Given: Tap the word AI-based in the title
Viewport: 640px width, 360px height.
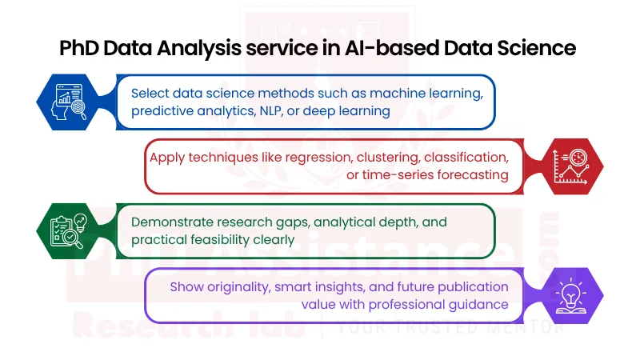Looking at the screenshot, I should pos(375,48).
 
